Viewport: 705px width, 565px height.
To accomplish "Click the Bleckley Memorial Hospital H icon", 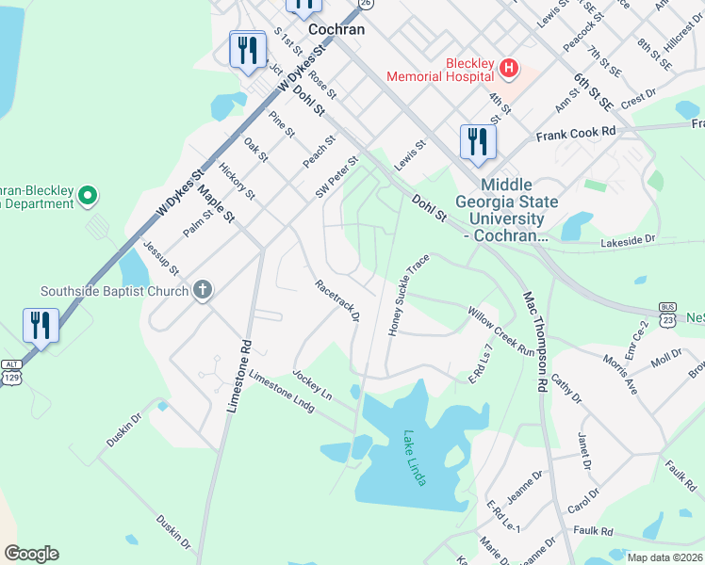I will (509, 68).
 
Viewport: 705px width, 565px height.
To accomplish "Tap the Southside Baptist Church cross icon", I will (202, 290).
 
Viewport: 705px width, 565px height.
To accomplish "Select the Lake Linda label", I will (414, 458).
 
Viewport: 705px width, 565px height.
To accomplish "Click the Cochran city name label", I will (336, 29).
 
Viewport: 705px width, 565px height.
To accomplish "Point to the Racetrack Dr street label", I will (336, 300).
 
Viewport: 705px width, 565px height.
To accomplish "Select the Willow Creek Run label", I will (500, 329).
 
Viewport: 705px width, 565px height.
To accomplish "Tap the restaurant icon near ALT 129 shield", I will (41, 326).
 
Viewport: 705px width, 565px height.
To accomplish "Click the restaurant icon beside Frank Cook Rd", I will (478, 142).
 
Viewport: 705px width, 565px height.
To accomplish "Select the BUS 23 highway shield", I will (668, 313).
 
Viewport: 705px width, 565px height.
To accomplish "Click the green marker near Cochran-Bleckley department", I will (88, 197).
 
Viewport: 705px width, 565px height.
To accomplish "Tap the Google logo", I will (31, 554).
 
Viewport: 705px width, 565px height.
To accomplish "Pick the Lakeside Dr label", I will (627, 241).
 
